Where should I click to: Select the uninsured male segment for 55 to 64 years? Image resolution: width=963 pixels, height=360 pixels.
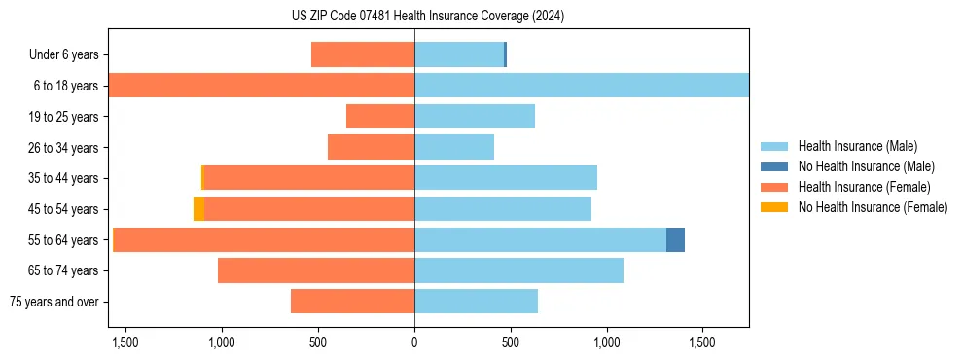tap(675, 239)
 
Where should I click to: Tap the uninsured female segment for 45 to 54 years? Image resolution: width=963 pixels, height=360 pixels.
tap(198, 209)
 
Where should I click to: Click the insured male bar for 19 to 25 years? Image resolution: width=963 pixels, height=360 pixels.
tap(475, 117)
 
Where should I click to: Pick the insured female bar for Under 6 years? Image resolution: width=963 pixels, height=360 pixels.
tap(363, 54)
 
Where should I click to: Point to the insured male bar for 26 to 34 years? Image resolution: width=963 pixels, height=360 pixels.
tap(454, 147)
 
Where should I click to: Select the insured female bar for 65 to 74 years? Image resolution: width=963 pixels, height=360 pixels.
tap(316, 270)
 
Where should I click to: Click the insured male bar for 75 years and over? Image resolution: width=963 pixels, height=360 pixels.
tap(476, 302)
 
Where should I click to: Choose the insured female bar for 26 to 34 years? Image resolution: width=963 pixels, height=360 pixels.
tap(371, 147)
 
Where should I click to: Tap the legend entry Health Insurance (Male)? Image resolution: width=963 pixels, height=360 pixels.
tap(857, 146)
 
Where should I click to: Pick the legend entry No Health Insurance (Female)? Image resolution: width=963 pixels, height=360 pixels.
tap(873, 207)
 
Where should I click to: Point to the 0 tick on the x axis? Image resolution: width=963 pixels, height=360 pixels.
tap(414, 342)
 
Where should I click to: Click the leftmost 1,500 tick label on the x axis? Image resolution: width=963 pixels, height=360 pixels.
tap(126, 342)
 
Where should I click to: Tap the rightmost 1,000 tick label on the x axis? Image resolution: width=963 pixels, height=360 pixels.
tap(606, 342)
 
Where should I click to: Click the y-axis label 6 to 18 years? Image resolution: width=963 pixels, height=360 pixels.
tap(65, 86)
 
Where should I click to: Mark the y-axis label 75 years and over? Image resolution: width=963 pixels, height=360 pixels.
tap(53, 302)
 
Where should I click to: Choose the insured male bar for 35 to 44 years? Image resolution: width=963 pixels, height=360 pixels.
tap(506, 178)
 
